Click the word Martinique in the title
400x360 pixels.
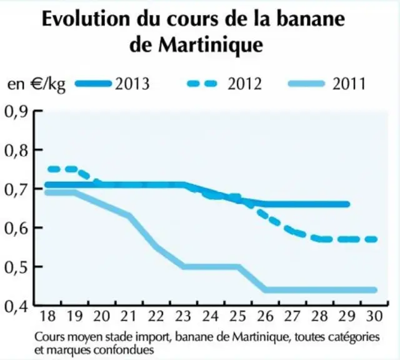click(211, 46)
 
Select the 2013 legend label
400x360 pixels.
click(132, 84)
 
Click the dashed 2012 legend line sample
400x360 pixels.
click(202, 84)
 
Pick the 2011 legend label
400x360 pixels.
click(349, 84)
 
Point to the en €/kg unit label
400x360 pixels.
click(36, 84)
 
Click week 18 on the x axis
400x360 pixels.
click(47, 316)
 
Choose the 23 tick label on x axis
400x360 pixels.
click(184, 316)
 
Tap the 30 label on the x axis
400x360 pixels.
click(374, 316)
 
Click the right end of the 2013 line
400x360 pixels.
click(347, 204)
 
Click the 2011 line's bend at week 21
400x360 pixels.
click(129, 216)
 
